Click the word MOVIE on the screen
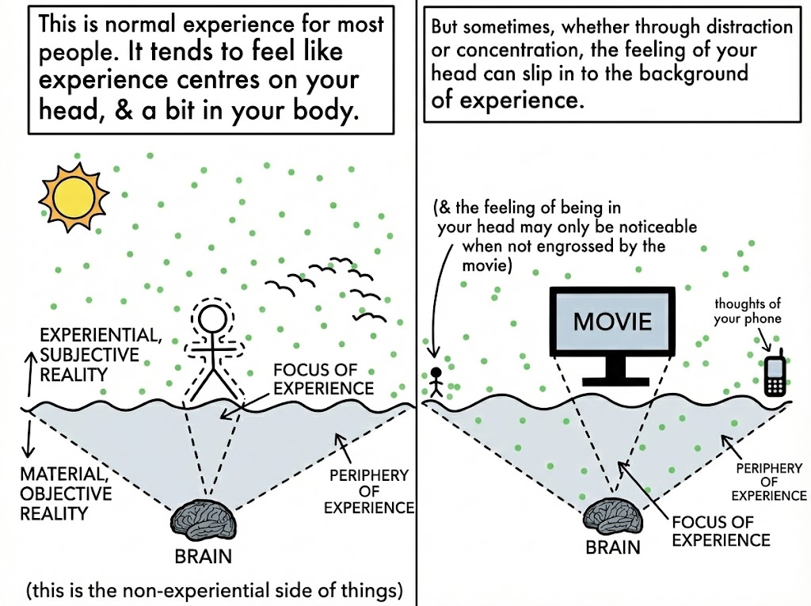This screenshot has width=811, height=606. (612, 321)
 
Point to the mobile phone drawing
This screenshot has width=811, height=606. (775, 374)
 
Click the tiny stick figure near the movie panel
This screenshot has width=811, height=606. (436, 381)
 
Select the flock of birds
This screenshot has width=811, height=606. (325, 285)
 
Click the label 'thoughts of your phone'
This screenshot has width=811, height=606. (748, 311)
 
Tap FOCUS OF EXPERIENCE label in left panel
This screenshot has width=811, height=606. (322, 379)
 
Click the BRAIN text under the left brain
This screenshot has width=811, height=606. (203, 556)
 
